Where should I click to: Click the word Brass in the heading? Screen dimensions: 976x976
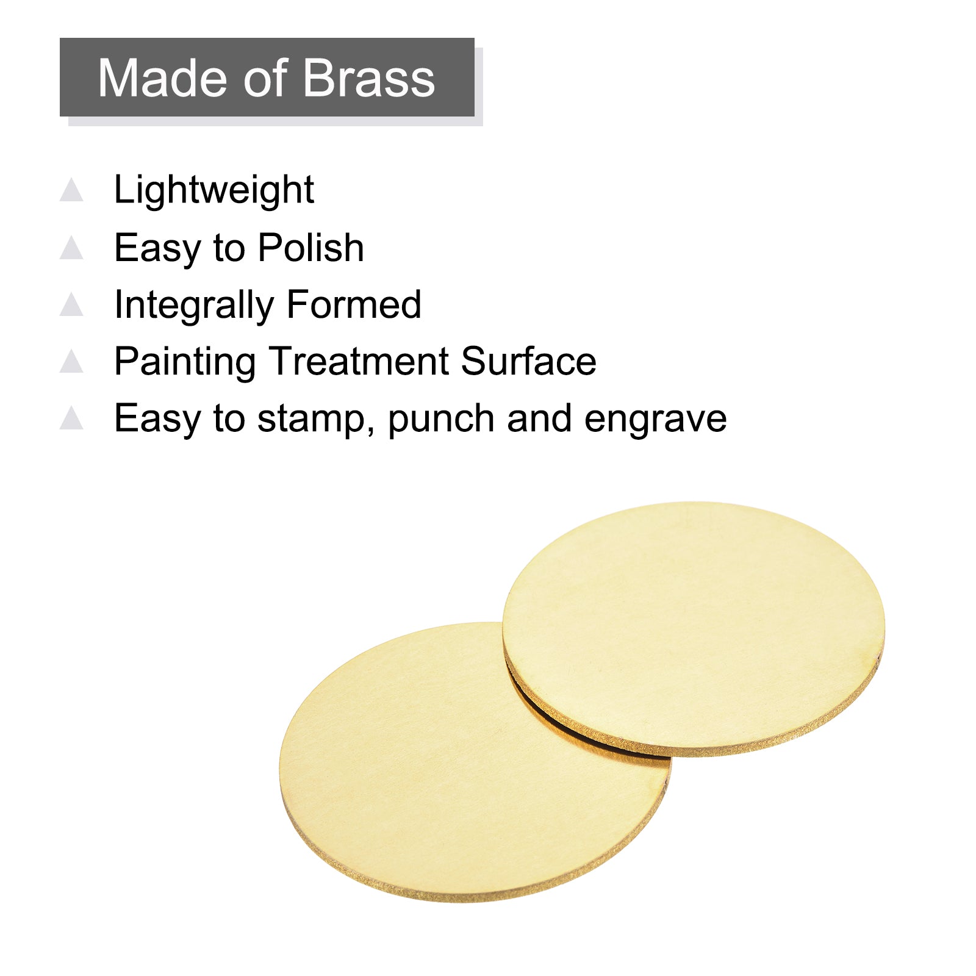368,78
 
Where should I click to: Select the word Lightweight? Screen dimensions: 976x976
214,190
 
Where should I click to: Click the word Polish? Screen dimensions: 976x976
311,248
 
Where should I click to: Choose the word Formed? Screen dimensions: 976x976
354,304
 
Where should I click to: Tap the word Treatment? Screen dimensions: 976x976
359,361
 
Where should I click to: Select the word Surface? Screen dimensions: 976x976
529,361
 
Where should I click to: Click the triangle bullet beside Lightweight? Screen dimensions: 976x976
71,189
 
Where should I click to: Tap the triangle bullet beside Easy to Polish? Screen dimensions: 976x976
71,247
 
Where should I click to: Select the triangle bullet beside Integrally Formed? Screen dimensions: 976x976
71,304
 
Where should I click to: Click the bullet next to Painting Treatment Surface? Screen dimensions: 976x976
71,361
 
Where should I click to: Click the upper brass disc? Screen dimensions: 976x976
694,629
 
